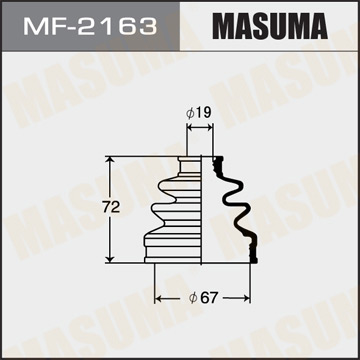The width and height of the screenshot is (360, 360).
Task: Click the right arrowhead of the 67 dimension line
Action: click(252, 298)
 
